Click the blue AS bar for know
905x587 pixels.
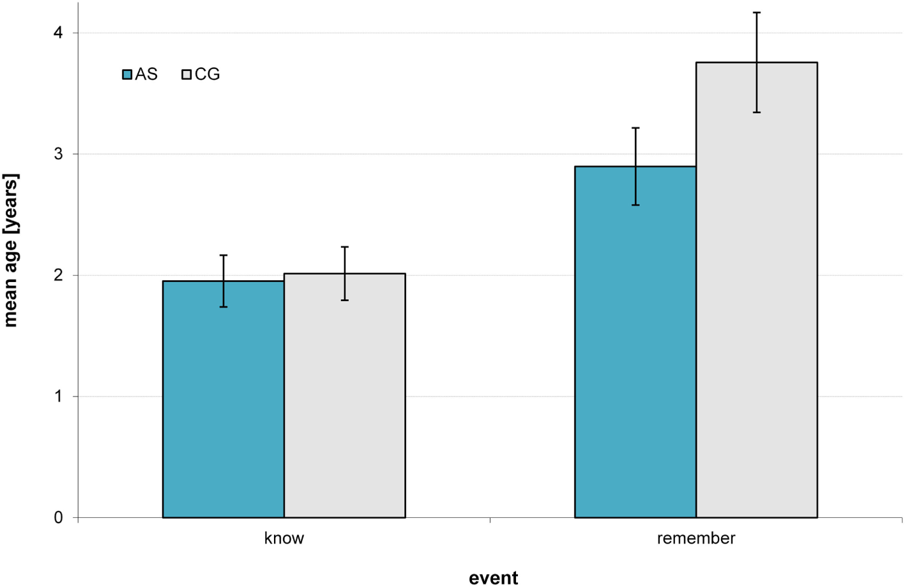tap(223, 400)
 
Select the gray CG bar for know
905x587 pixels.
tap(344, 396)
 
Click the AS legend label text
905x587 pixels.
tap(146, 74)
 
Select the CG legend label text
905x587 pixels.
tap(207, 74)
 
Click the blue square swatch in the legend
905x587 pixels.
tap(127, 75)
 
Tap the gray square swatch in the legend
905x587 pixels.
tap(186, 75)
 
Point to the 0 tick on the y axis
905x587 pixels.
tap(59, 517)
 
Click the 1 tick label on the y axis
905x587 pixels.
tap(59, 396)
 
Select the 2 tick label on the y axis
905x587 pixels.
tap(59, 275)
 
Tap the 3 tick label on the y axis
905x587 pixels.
tap(59, 154)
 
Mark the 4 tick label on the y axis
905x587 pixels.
tap(59, 33)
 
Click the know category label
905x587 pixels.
tap(284, 538)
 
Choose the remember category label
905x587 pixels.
tap(696, 538)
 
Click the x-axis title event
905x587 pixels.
tap(493, 578)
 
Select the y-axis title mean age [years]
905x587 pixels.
tap(11, 250)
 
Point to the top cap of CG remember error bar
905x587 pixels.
tap(756, 12)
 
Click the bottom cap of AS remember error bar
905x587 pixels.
tap(635, 205)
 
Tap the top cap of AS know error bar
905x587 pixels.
tap(224, 255)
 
